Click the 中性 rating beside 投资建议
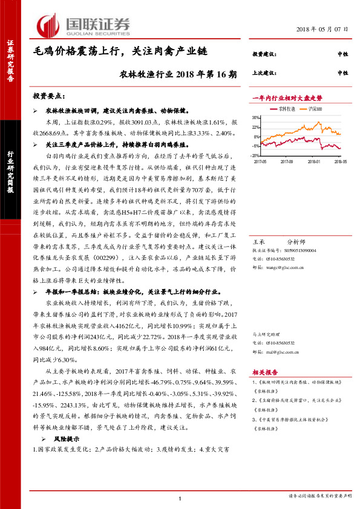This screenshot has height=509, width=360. [x=342, y=54]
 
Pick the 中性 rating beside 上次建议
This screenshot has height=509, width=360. [x=342, y=73]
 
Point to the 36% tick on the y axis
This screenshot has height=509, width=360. [x=256, y=118]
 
